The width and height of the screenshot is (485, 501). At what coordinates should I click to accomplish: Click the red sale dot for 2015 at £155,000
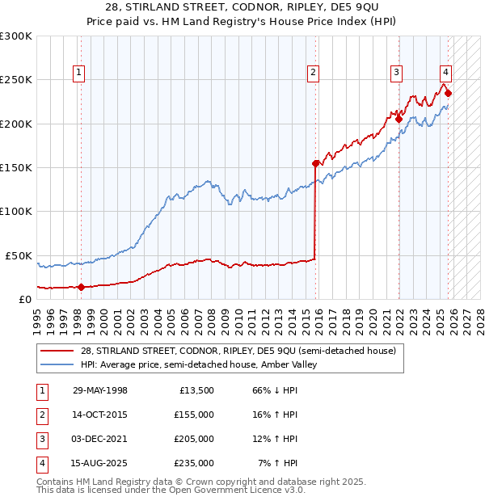316,162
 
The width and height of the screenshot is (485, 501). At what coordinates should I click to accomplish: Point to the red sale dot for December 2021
399,119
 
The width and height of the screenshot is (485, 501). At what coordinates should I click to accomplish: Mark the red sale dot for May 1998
82,286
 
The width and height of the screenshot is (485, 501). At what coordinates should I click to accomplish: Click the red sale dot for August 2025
449,93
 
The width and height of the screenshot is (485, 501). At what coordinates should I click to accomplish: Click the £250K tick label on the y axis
16,80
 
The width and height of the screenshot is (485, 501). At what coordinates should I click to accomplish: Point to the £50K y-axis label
19,255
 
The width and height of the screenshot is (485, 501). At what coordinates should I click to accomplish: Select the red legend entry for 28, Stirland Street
238,351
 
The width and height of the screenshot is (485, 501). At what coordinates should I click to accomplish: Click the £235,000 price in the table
193,463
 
